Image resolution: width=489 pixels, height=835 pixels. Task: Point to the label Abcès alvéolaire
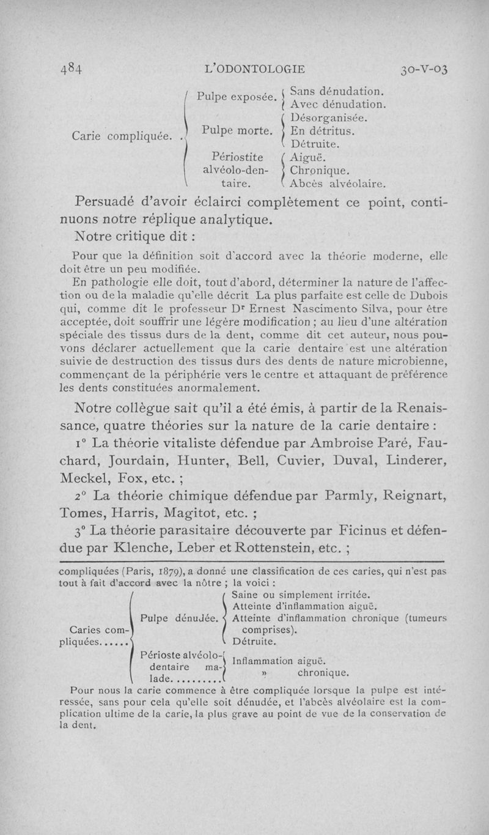point(337,182)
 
